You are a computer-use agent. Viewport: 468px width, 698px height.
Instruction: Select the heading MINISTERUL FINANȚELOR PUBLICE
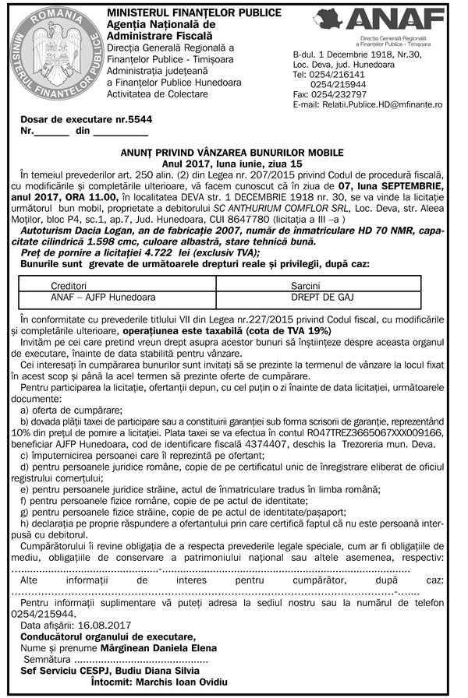(x=185, y=13)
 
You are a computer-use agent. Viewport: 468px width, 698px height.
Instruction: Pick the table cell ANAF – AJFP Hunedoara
(x=103, y=298)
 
